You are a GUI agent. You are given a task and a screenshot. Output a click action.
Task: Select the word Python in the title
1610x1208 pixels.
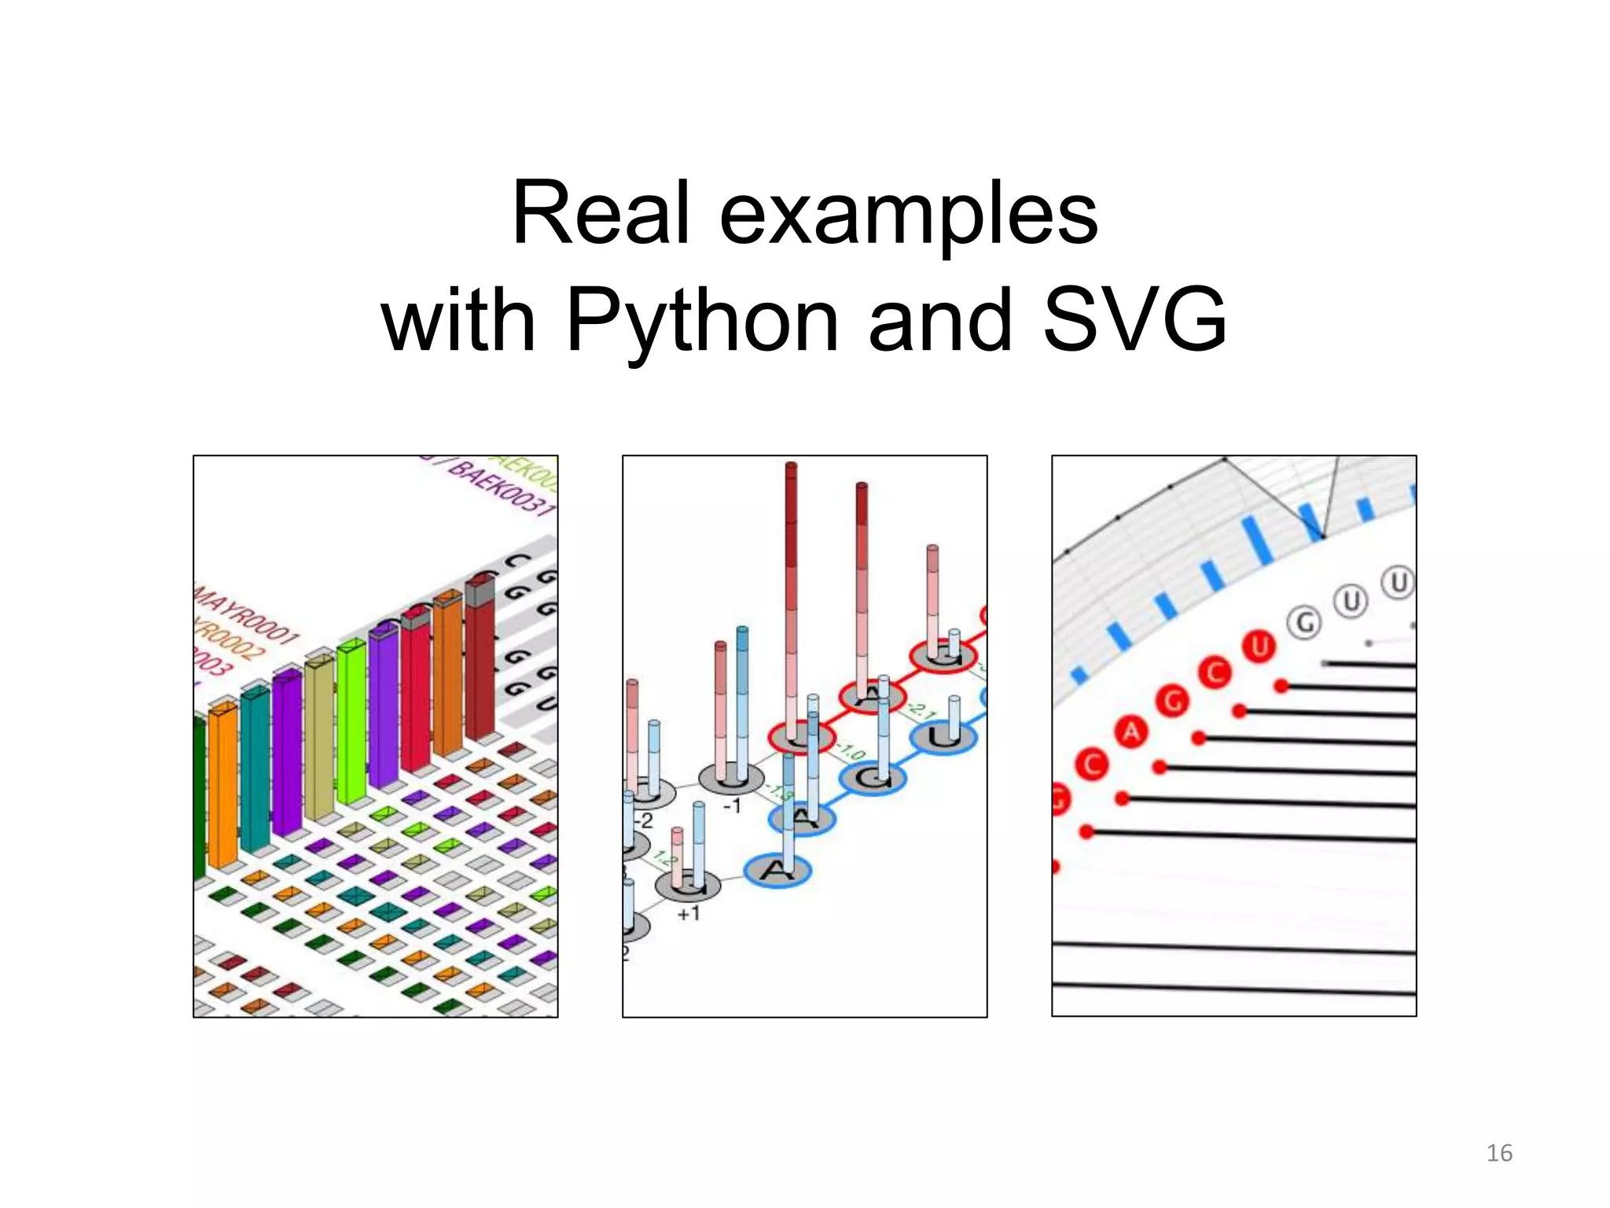coord(702,321)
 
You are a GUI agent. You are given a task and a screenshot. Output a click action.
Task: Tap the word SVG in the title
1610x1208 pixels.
coord(1134,321)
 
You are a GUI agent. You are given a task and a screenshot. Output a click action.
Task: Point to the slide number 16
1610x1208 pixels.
coord(1499,1153)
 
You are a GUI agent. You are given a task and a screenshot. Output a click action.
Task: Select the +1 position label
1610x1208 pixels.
coord(689,914)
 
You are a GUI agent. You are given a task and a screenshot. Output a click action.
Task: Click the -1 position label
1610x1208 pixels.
coord(731,807)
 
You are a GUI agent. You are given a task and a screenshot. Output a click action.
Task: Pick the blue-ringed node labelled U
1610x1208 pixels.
coord(943,737)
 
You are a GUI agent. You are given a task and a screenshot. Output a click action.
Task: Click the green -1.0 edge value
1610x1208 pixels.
coord(852,750)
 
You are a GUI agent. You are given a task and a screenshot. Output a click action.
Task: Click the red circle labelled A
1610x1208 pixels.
coord(1131,733)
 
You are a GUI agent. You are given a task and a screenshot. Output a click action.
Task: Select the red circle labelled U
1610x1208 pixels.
coord(1259,647)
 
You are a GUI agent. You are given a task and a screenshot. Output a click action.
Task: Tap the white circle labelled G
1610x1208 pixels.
coord(1305,624)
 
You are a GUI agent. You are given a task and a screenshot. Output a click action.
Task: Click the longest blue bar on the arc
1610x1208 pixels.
coord(1258,540)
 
